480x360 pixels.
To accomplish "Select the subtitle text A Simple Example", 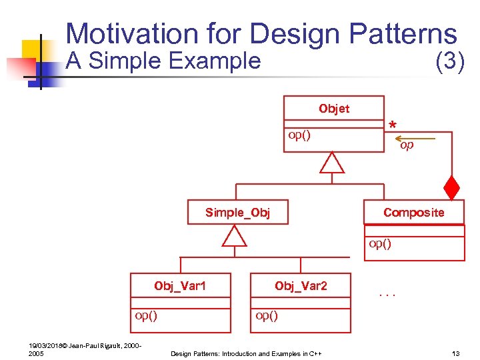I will tap(163, 61).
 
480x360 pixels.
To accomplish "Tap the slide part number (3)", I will tap(449, 61).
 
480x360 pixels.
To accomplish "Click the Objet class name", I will tap(333, 109).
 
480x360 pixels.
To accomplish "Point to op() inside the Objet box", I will tap(299, 135).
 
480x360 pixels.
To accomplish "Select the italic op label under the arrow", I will tap(407, 145).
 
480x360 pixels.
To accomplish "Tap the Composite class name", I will tap(413, 212).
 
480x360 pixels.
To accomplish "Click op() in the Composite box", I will tap(380, 243).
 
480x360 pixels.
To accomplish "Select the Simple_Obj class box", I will tap(237, 213).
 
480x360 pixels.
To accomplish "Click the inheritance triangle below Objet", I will tap(331, 163).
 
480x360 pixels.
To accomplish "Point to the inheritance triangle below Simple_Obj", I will tap(234, 236).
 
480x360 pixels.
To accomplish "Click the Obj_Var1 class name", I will tap(180, 286).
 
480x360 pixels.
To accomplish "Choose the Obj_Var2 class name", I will tap(301, 286).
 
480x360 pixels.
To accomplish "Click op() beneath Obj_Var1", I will tap(146, 315).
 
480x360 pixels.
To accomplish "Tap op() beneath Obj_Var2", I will tap(267, 315).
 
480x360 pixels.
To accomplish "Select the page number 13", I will tap(456, 353).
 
